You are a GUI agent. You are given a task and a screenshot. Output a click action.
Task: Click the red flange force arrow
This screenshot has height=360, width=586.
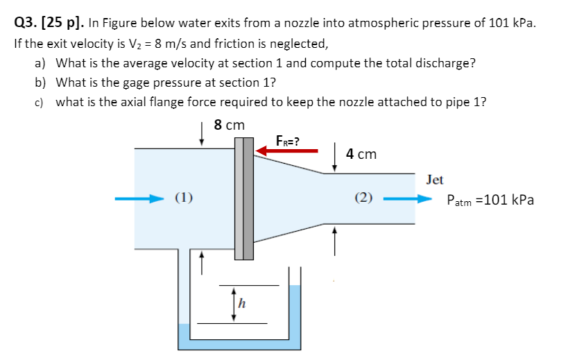click(x=288, y=149)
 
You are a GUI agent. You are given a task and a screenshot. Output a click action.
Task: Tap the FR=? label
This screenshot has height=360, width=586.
click(x=287, y=140)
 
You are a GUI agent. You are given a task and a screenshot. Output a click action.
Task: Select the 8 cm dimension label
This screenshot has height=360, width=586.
click(x=230, y=126)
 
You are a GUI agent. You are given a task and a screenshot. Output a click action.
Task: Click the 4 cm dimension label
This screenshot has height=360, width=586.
click(x=361, y=154)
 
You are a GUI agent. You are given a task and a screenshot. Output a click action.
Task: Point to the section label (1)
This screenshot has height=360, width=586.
click(x=183, y=199)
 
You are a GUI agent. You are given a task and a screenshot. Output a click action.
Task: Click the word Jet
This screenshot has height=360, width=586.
click(x=435, y=180)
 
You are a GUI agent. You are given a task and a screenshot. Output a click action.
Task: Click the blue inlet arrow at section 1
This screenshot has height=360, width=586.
click(x=139, y=199)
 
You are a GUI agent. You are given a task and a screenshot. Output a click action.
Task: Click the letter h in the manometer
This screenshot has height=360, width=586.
click(x=243, y=302)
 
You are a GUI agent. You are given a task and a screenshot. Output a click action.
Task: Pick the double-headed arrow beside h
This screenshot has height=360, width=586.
click(x=234, y=303)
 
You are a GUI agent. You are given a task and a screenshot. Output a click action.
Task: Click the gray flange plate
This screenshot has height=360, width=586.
click(x=243, y=198)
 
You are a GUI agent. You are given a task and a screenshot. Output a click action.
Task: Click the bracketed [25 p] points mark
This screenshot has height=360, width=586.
click(x=64, y=22)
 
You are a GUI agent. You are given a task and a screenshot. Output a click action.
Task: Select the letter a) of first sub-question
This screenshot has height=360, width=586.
click(x=40, y=63)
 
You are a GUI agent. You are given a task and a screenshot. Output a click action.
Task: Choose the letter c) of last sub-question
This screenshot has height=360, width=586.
click(x=40, y=103)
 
